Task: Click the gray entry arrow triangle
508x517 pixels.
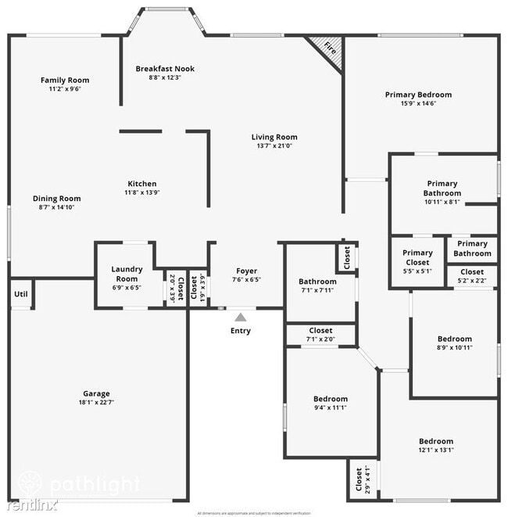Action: point(241,317)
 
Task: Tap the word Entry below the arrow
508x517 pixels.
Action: point(241,331)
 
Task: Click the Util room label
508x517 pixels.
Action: point(20,294)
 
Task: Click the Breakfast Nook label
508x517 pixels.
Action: point(164,69)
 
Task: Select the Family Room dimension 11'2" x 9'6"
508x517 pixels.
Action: point(65,89)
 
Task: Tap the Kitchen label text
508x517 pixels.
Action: point(141,183)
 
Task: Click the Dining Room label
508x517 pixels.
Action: point(56,199)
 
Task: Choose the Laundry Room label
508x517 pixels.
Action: point(125,274)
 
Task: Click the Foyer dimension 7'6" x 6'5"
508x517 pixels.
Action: point(246,279)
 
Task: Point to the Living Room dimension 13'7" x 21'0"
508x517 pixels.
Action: point(274,145)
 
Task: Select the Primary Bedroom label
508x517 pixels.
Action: point(418,95)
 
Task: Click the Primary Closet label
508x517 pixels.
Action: point(417,257)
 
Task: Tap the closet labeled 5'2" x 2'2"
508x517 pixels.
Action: point(471,276)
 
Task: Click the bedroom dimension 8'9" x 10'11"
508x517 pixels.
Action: point(454,347)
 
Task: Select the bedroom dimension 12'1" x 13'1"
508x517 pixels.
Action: point(435,450)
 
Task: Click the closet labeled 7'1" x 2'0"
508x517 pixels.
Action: point(320,336)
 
